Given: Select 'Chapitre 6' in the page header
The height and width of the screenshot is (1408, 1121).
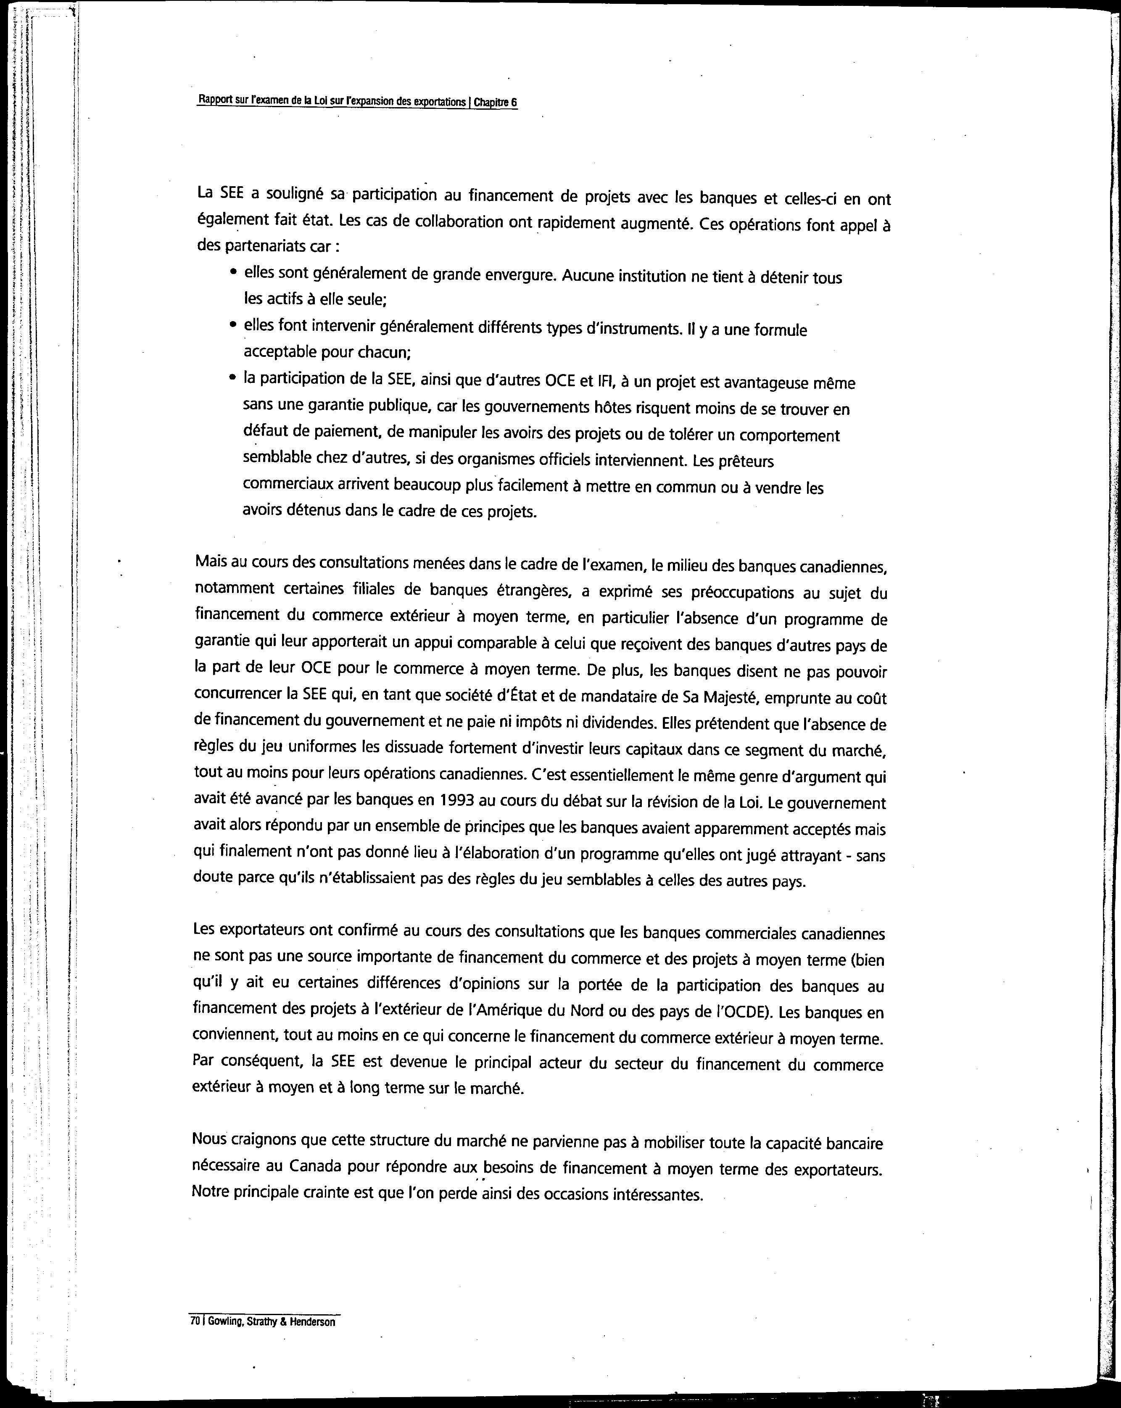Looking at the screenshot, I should coord(495,103).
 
